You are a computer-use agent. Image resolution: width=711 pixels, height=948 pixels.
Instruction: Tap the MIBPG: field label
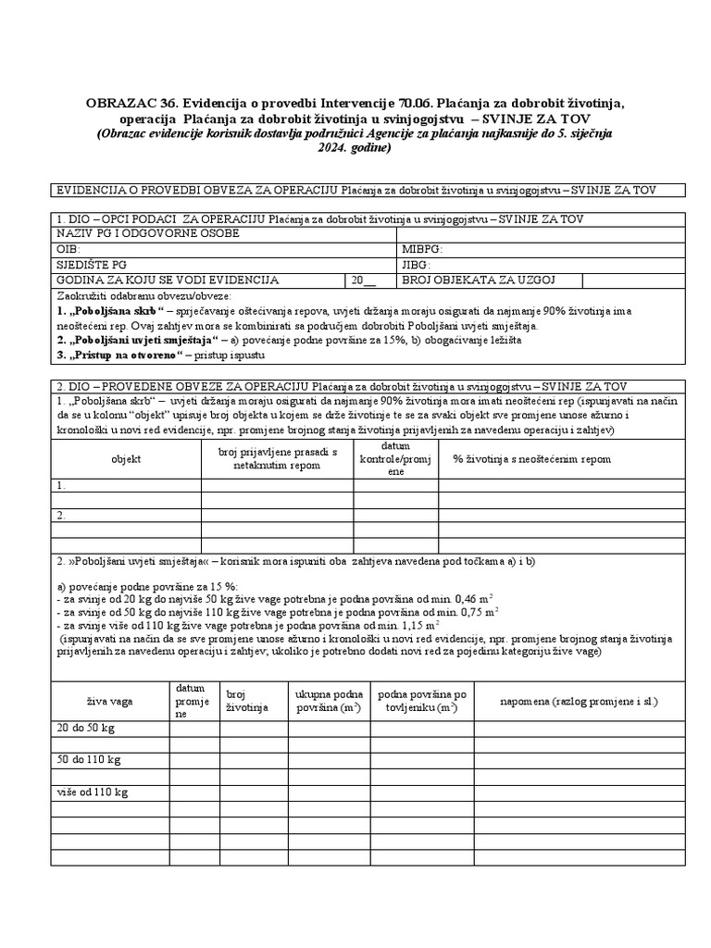423,249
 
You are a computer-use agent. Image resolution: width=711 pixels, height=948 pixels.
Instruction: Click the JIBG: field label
416,264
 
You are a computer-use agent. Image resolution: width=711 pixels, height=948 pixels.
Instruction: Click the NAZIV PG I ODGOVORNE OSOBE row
148,233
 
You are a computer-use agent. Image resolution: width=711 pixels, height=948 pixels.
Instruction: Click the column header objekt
126,458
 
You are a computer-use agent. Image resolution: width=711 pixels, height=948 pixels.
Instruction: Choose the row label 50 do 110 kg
88,760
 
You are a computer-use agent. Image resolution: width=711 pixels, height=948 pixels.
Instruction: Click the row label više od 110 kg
92,792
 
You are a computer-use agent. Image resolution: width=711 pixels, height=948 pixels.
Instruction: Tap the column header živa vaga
109,701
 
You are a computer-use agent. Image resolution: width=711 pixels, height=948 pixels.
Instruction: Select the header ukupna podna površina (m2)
328,701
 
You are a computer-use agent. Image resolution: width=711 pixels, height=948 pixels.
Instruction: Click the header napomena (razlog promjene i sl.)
578,701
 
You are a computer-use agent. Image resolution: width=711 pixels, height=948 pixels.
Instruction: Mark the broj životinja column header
246,701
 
